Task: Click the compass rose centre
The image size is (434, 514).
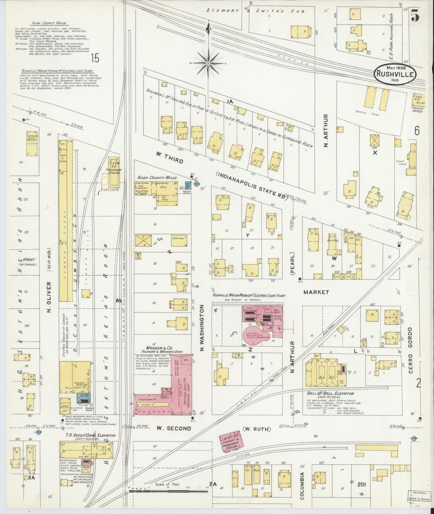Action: tap(208, 64)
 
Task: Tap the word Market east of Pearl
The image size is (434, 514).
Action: tap(316, 292)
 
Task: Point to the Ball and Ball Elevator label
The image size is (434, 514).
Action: tap(330, 393)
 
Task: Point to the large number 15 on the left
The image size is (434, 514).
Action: tap(95, 58)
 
